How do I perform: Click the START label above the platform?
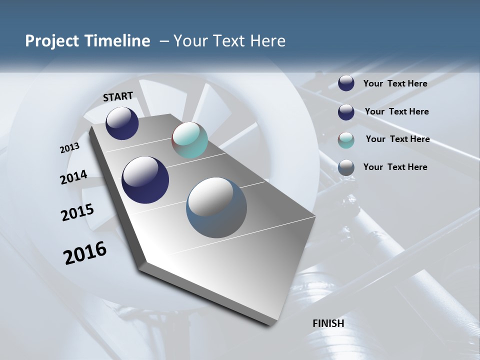click(x=118, y=96)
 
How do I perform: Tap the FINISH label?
click(x=328, y=323)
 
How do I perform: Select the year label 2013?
click(x=70, y=148)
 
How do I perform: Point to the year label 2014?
click(x=73, y=177)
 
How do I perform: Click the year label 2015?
click(x=77, y=212)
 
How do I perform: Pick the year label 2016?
click(x=85, y=253)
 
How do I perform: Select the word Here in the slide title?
click(x=268, y=41)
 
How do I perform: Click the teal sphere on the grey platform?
click(x=189, y=140)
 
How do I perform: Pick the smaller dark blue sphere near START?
click(x=122, y=123)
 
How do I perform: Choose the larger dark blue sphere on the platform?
click(x=145, y=180)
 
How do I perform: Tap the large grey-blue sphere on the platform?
click(x=216, y=207)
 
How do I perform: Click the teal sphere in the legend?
click(x=346, y=140)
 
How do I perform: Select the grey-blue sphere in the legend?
click(x=346, y=168)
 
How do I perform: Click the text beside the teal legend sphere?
click(x=397, y=139)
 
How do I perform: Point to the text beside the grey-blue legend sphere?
click(x=395, y=167)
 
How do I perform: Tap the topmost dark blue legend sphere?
click(x=346, y=83)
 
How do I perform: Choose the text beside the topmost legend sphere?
click(x=395, y=83)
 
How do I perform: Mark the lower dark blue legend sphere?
click(x=346, y=112)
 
